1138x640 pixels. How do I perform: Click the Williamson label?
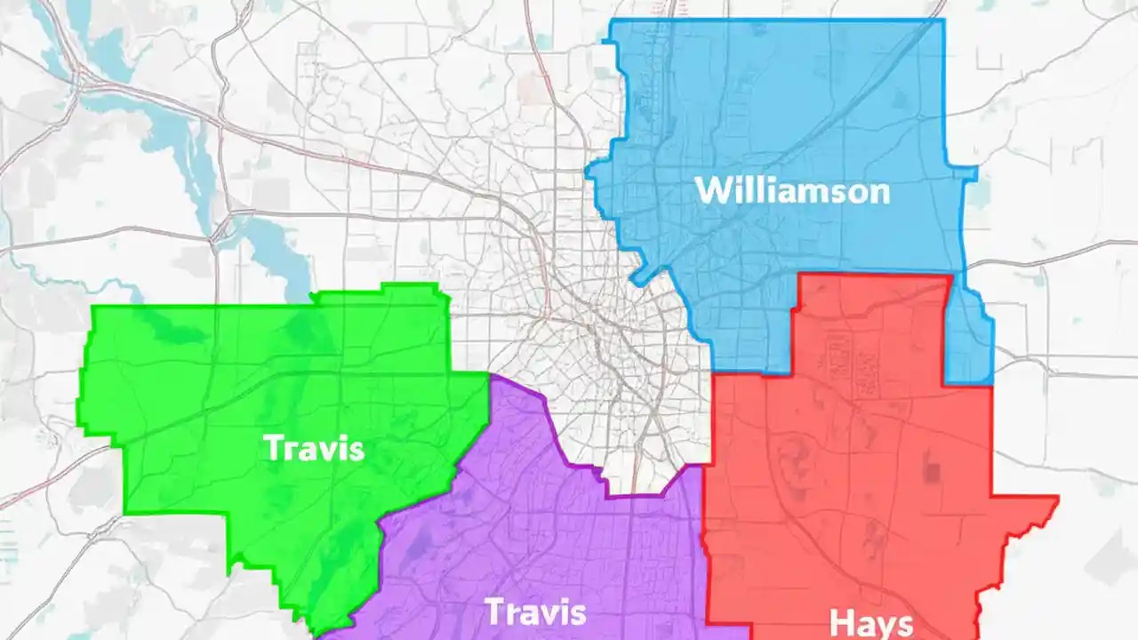click(x=791, y=190)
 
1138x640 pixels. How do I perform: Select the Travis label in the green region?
click(x=314, y=447)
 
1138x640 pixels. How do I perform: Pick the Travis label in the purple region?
click(x=535, y=612)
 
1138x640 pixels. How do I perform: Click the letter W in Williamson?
click(x=710, y=190)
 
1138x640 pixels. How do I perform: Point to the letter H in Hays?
click(x=841, y=621)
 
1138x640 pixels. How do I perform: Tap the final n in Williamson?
click(x=879, y=192)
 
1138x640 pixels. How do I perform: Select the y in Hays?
click(x=883, y=625)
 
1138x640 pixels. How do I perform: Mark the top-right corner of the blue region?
click(x=943, y=20)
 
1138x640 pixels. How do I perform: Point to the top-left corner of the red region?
click(x=800, y=276)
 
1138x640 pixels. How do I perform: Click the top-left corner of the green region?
click(x=93, y=308)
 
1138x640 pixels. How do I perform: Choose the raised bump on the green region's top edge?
click(x=409, y=287)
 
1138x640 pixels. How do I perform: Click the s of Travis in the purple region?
click(x=579, y=613)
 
